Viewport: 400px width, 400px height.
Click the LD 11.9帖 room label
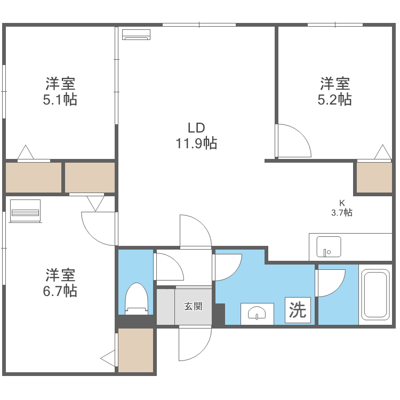[x=196, y=135]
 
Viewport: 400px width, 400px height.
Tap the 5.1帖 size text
[x=60, y=100]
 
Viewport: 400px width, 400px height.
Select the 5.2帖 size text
[x=335, y=100]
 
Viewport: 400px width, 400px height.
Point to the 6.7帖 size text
[x=60, y=291]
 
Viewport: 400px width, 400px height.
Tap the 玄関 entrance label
[x=193, y=306]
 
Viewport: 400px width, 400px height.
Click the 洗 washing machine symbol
[x=298, y=310]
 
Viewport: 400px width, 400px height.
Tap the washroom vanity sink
[x=257, y=313]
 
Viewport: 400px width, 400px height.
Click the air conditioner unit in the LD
[x=137, y=34]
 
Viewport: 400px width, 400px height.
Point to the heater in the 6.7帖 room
[x=25, y=211]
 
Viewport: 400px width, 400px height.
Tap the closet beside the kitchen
[x=374, y=178]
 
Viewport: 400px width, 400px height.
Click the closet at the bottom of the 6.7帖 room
[x=135, y=350]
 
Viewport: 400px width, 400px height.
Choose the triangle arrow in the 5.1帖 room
[x=26, y=153]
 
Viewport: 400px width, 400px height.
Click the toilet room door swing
[x=170, y=267]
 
